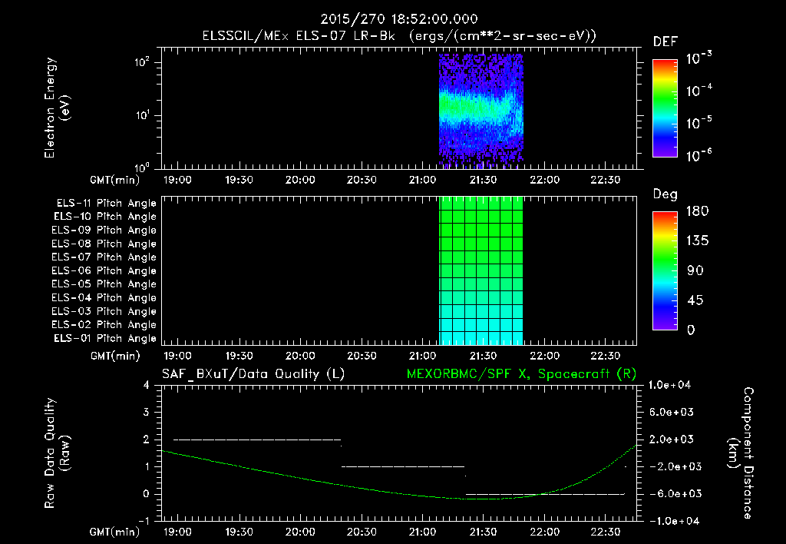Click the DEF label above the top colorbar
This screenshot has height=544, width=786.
coord(665,41)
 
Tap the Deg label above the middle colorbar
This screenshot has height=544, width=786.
coord(665,194)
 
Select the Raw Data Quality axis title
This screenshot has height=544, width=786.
coord(57,453)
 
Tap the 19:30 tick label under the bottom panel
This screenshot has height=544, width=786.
coord(239,532)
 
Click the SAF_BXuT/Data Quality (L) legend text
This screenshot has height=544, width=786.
coord(253,373)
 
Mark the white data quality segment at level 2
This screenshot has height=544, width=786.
coord(257,440)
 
